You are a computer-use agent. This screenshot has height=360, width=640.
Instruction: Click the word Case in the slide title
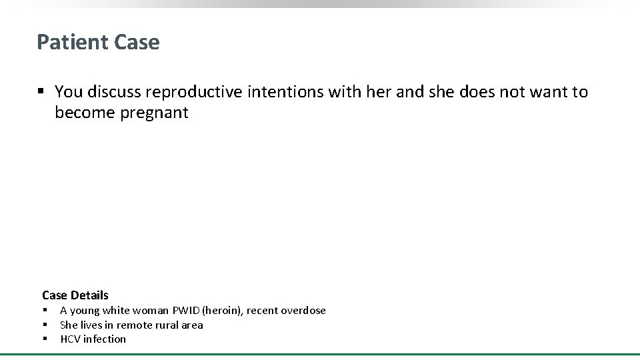point(137,42)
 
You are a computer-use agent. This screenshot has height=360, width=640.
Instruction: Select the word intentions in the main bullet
point(285,92)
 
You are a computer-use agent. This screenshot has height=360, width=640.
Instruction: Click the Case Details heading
point(75,295)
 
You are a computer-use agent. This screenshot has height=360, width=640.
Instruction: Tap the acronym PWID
point(185,311)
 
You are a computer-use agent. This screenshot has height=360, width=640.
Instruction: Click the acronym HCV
point(70,339)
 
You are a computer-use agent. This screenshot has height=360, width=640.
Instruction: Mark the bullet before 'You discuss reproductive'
point(41,92)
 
